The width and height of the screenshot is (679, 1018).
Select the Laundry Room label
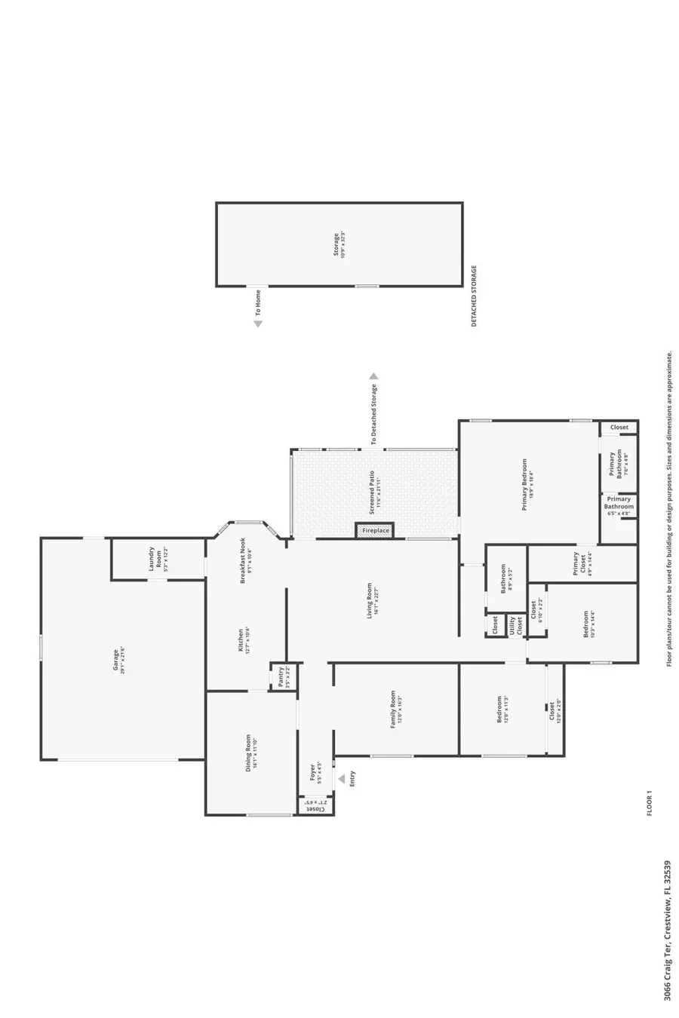(155, 559)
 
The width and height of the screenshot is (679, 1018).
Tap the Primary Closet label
(579, 563)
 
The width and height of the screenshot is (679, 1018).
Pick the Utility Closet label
(516, 626)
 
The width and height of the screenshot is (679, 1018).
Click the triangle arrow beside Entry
(341, 779)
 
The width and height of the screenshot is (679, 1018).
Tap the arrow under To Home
(258, 324)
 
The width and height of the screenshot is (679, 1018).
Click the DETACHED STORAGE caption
(475, 296)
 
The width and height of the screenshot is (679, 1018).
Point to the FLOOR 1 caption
(648, 802)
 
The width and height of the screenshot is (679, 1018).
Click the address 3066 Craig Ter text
(668, 943)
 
